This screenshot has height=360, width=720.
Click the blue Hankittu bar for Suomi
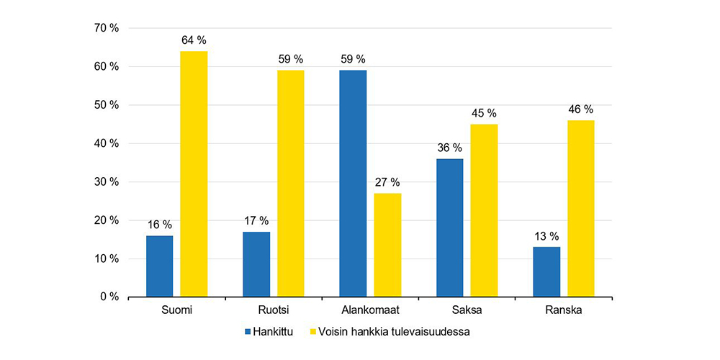tap(159, 266)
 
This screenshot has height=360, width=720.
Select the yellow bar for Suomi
tap(194, 174)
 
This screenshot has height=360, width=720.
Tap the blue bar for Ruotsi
tap(256, 264)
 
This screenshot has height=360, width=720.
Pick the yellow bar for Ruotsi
tap(291, 183)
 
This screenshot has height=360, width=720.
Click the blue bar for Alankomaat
tap(353, 183)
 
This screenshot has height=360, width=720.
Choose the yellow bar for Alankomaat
tap(387, 245)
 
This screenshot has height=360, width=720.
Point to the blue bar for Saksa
tap(449, 228)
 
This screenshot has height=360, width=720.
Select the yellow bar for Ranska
tap(580, 208)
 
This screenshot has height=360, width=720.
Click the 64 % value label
tap(194, 40)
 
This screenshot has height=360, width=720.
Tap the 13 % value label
tap(546, 235)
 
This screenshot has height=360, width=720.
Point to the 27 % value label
tap(387, 181)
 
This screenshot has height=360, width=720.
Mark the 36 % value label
tap(449, 147)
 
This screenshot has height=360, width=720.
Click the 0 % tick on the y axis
tap(109, 297)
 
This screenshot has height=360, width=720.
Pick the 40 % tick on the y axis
tap(106, 143)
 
